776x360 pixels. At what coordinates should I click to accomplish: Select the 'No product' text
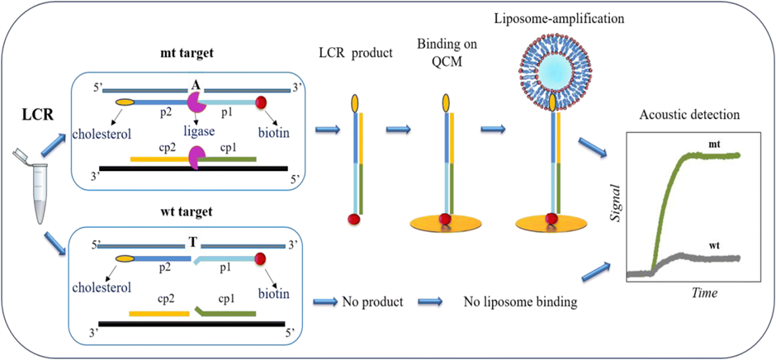(x=372, y=302)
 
